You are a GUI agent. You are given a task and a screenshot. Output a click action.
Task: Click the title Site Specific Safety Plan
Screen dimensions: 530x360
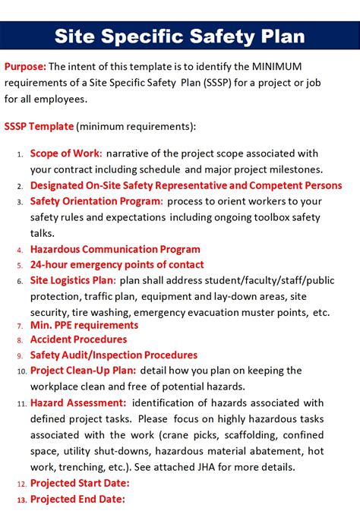coord(180,36)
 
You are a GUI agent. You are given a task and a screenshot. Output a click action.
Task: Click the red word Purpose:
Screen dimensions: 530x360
coord(25,66)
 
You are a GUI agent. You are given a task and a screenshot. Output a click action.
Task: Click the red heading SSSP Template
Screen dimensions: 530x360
coord(39,126)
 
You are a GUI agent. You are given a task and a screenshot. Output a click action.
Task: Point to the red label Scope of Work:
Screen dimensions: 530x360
coord(66,153)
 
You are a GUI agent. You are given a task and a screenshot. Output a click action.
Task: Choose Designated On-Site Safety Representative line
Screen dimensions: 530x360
coord(185,185)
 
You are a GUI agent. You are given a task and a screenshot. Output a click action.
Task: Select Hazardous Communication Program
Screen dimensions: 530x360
coord(115,249)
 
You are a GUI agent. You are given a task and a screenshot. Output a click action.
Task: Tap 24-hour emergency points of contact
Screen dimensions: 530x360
coord(116,265)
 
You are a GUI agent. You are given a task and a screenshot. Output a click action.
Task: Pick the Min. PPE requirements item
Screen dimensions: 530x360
coord(84,325)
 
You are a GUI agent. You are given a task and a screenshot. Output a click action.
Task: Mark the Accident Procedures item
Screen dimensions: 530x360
coord(78,339)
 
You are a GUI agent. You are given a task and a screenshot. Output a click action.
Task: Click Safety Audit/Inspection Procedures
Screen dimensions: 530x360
coord(113,355)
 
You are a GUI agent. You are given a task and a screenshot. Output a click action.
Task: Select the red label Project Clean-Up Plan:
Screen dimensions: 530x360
coord(83,371)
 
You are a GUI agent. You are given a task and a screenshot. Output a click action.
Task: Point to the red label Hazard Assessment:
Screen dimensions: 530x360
coord(78,402)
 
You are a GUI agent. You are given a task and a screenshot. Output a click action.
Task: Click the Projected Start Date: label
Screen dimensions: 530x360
coord(80,483)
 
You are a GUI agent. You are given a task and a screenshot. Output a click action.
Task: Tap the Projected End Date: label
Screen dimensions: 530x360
coord(77,499)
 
